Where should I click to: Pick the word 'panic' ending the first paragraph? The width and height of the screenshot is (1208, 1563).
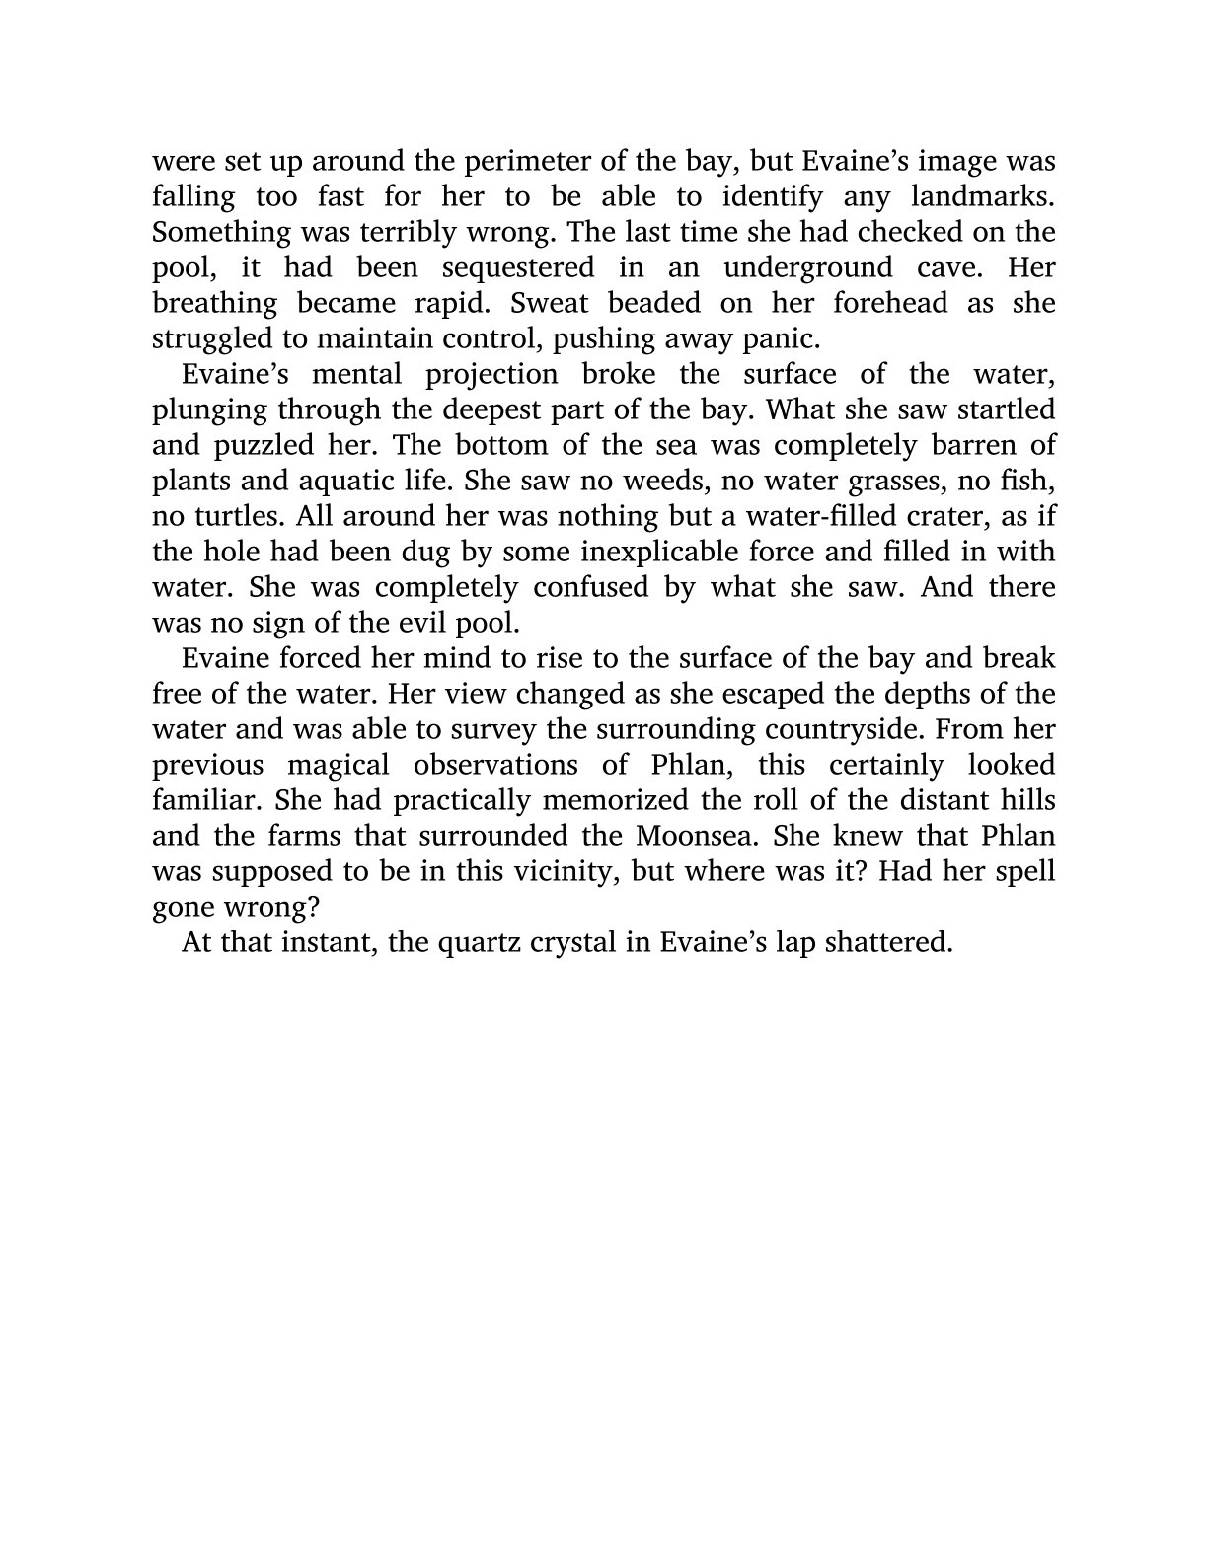tap(780, 339)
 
